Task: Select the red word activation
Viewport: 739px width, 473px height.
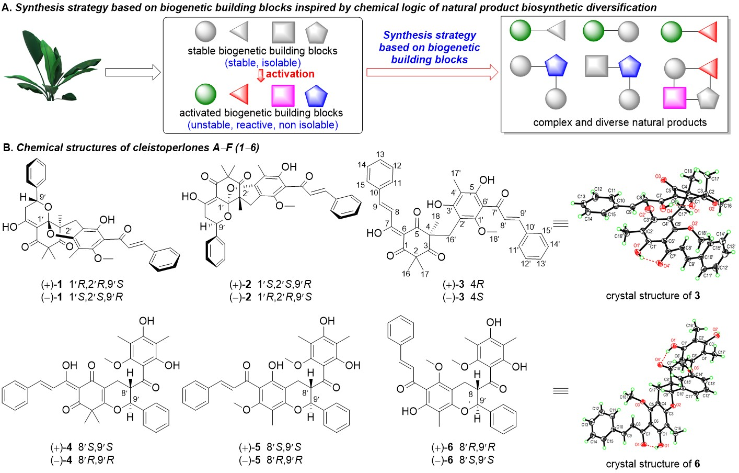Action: (290, 74)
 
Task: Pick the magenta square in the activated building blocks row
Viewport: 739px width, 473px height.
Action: (283, 96)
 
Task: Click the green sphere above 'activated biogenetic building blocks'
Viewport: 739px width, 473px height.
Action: (205, 95)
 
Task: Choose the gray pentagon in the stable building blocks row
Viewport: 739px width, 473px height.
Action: (316, 32)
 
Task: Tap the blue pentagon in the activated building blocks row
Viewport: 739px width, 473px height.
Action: (316, 96)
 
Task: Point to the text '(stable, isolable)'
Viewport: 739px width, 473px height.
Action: (263, 63)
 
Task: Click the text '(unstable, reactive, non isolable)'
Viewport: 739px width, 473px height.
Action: (262, 125)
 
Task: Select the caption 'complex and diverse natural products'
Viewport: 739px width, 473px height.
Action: (620, 122)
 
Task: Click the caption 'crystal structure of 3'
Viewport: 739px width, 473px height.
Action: (653, 296)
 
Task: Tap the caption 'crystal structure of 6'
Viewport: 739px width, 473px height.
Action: (653, 464)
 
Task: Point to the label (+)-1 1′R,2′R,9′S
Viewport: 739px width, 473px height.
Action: (82, 285)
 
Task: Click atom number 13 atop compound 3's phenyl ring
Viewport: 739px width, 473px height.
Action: (380, 154)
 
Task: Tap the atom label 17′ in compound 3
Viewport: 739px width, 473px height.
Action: (455, 172)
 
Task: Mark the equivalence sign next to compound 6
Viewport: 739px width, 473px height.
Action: (560, 391)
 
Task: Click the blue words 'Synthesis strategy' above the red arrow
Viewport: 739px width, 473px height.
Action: (429, 35)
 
